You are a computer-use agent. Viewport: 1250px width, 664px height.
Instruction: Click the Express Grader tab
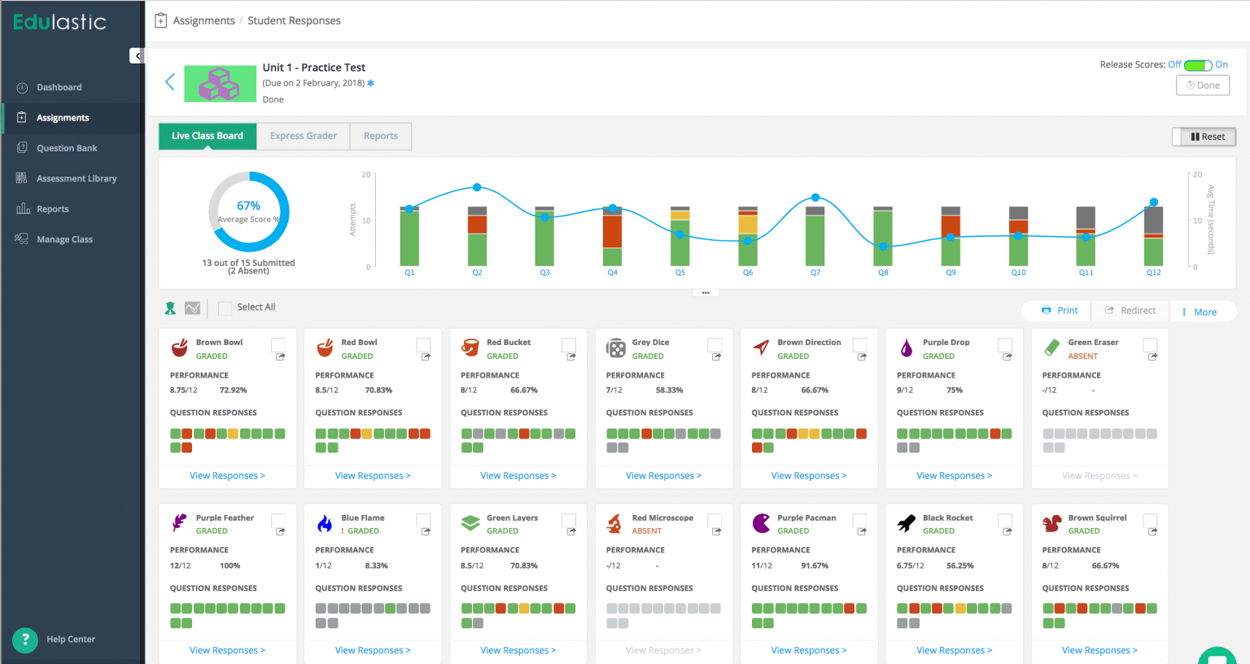pyautogui.click(x=303, y=136)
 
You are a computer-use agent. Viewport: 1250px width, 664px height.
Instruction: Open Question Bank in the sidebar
pyautogui.click(x=67, y=148)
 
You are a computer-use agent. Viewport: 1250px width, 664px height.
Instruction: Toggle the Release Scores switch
pyautogui.click(x=1197, y=65)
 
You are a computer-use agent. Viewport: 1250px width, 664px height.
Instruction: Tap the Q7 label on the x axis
pyautogui.click(x=815, y=273)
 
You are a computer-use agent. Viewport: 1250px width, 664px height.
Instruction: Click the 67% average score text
pyautogui.click(x=248, y=206)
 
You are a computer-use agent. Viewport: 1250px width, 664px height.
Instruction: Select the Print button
pyautogui.click(x=1060, y=311)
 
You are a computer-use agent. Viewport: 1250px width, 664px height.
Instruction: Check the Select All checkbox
pyautogui.click(x=225, y=308)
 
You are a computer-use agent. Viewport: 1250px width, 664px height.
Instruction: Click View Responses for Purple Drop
pyautogui.click(x=954, y=476)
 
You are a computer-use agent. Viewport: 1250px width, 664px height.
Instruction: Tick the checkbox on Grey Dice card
pyautogui.click(x=714, y=345)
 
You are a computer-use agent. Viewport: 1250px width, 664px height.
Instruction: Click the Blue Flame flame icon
pyautogui.click(x=325, y=523)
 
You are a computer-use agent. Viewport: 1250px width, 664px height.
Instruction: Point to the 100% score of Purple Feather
pyautogui.click(x=229, y=566)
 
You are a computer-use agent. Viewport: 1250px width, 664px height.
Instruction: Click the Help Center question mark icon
pyautogui.click(x=25, y=640)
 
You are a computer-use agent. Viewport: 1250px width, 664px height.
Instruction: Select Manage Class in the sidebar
pyautogui.click(x=64, y=239)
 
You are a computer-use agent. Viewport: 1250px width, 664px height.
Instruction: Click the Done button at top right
pyautogui.click(x=1202, y=85)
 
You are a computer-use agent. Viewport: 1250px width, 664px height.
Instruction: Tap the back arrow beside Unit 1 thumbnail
pyautogui.click(x=170, y=82)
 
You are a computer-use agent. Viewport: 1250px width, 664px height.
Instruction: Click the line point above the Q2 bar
pyautogui.click(x=477, y=187)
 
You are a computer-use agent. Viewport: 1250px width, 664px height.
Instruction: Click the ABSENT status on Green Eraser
pyautogui.click(x=1082, y=356)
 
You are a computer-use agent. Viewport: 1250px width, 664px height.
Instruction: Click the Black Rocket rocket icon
pyautogui.click(x=907, y=523)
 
